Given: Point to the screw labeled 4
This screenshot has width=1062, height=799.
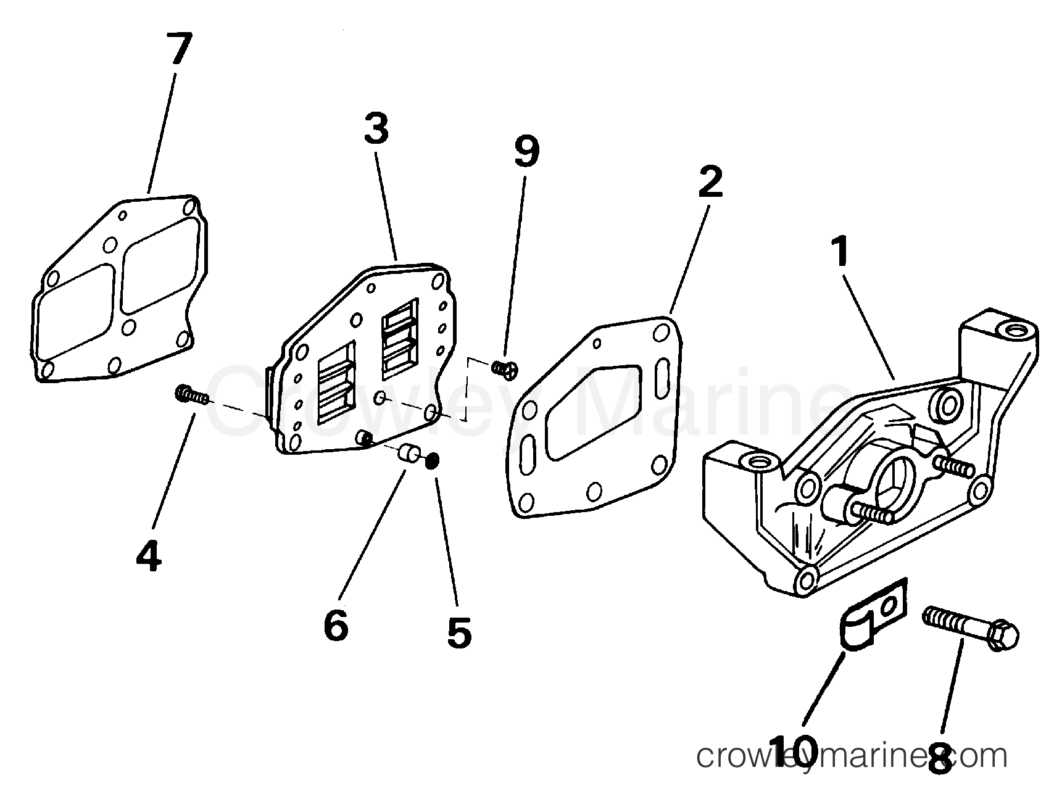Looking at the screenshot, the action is click(x=192, y=394).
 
